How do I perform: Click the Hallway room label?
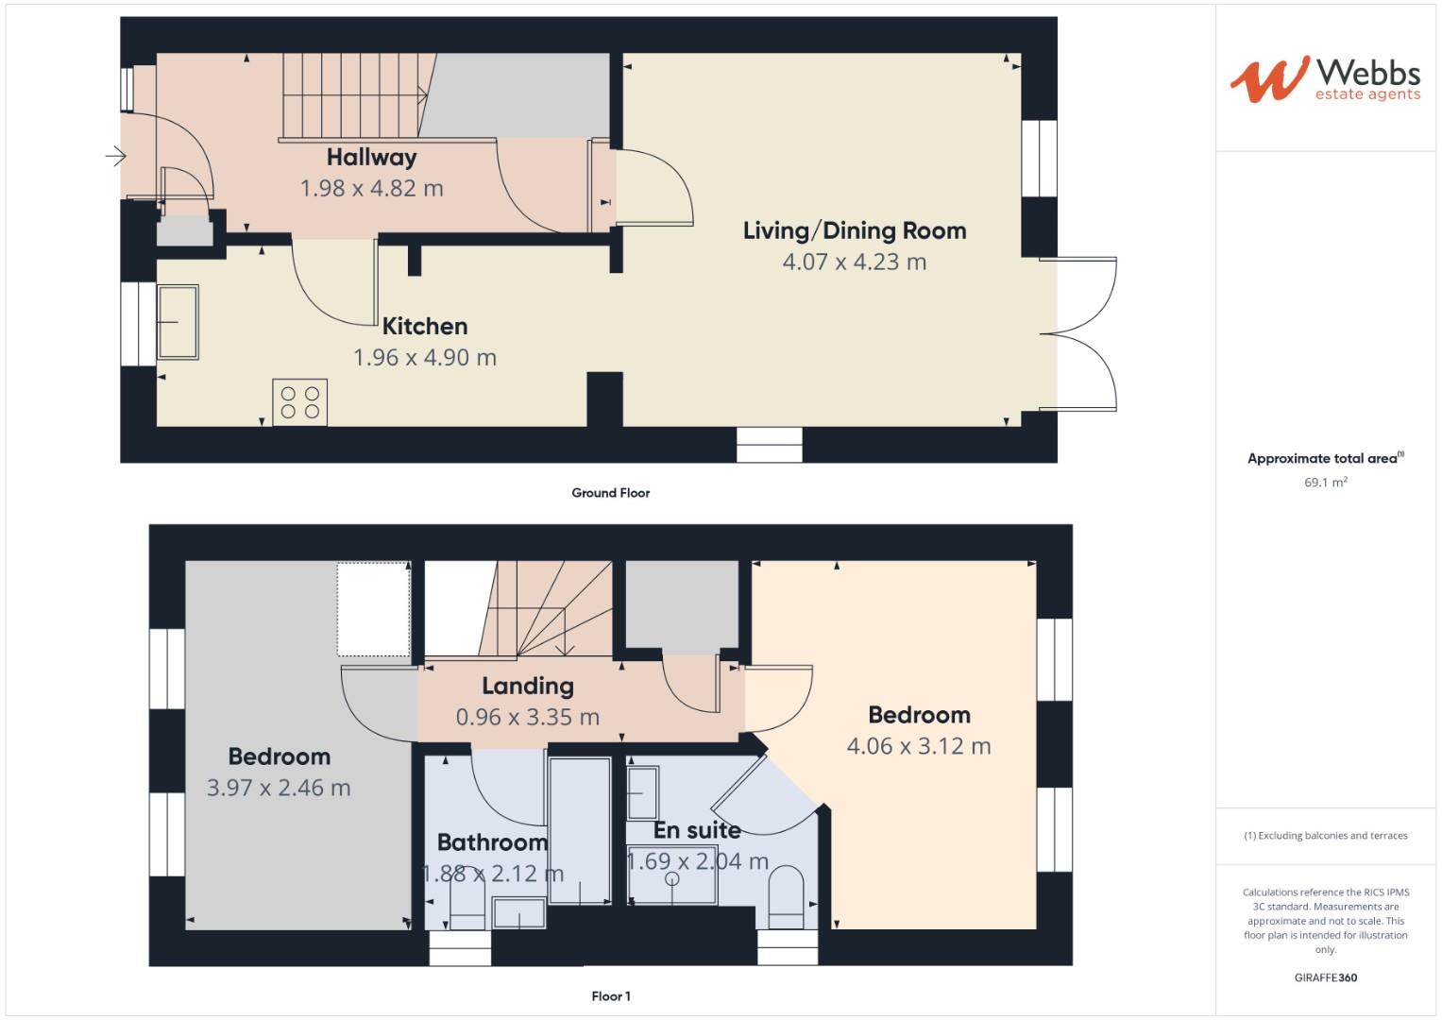(x=371, y=158)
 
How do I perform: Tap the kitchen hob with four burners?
(x=300, y=402)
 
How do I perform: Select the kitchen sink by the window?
(x=178, y=322)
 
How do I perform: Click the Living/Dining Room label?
(x=855, y=230)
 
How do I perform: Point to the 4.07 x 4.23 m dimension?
(x=855, y=263)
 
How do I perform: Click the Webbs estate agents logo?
(x=1326, y=79)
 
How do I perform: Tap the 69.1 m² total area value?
(x=1326, y=482)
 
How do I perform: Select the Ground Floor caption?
(x=610, y=493)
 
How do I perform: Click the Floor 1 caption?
(x=611, y=996)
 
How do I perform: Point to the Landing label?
(x=528, y=687)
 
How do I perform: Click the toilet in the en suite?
(x=786, y=897)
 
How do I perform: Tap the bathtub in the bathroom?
(x=580, y=831)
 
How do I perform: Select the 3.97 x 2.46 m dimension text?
(x=279, y=788)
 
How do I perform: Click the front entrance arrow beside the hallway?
(x=116, y=156)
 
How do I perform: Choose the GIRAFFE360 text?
(x=1326, y=977)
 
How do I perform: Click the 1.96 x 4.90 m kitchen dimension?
(x=425, y=357)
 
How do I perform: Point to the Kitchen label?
(x=425, y=327)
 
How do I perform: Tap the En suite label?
(x=697, y=831)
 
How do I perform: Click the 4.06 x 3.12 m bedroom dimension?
(x=919, y=746)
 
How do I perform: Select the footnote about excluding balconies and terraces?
(x=1326, y=836)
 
